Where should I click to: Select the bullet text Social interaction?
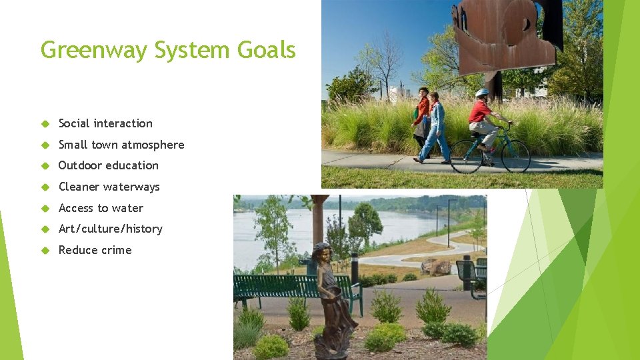105,123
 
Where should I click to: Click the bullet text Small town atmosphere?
121,145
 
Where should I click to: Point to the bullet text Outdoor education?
109,165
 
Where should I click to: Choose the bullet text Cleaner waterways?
109,187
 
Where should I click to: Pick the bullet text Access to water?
101,208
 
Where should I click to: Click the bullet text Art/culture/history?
111,229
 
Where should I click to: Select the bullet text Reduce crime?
95,250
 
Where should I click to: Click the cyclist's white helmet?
482,93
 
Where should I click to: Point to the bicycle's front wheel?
515,157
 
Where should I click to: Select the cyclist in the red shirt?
483,123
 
